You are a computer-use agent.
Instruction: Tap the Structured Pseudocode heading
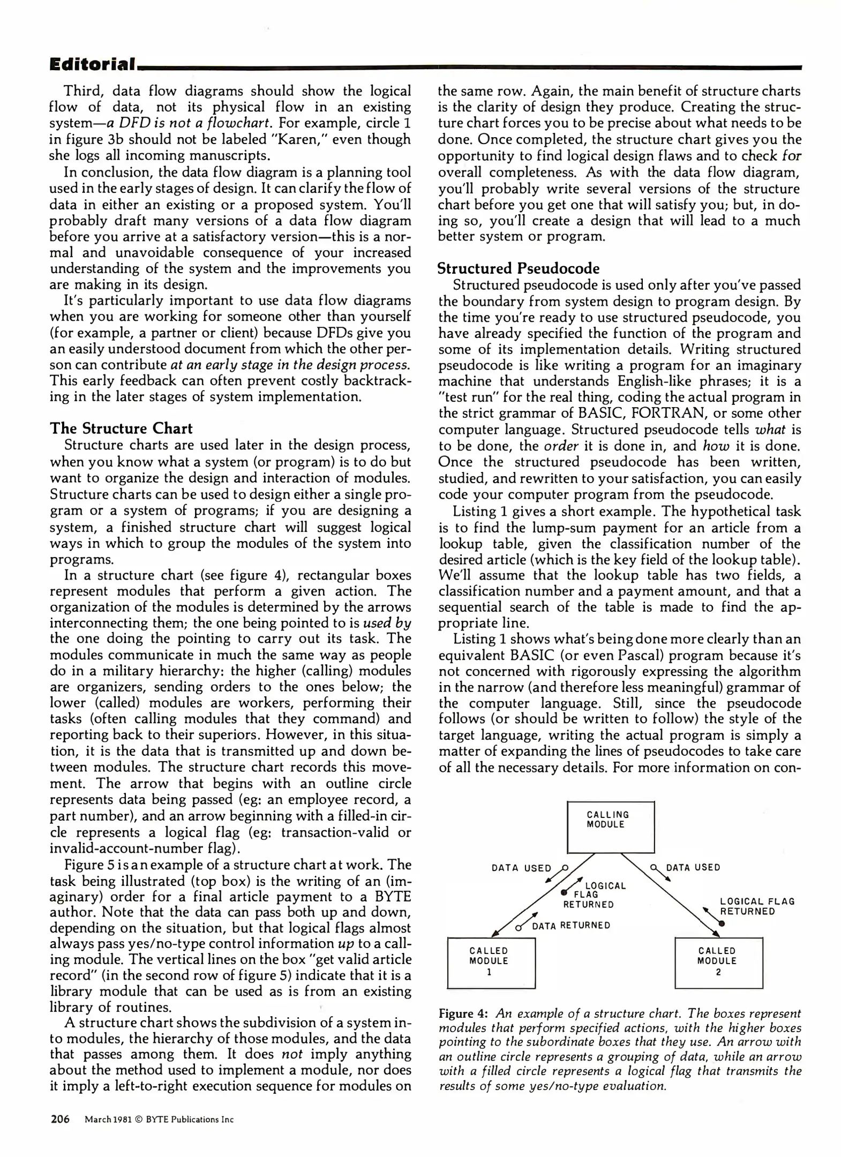click(518, 268)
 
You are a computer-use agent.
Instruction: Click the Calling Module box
click(610, 827)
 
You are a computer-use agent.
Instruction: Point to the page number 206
click(60, 1119)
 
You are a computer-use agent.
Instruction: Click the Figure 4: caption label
click(463, 1013)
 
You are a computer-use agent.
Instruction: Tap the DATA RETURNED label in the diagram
click(570, 926)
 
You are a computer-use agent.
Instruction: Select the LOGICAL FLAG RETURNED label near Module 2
click(756, 906)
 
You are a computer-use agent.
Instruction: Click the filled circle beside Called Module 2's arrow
click(722, 923)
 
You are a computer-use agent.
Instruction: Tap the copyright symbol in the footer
click(139, 1120)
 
